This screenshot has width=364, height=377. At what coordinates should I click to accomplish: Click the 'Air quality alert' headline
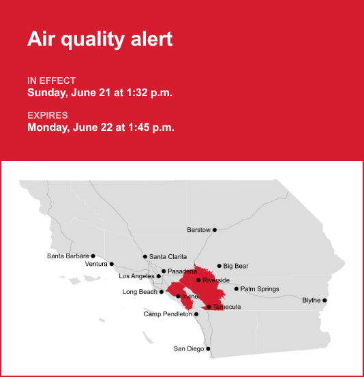pyautogui.click(x=100, y=39)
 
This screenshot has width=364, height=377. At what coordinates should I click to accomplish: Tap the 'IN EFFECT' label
pyautogui.click(x=51, y=80)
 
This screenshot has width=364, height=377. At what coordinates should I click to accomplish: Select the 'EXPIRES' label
pyautogui.click(x=48, y=115)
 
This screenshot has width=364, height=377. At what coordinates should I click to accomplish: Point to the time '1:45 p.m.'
pyautogui.click(x=151, y=127)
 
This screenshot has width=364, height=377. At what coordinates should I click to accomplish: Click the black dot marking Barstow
pyautogui.click(x=215, y=230)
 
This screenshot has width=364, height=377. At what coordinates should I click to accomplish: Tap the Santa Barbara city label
pyautogui.click(x=67, y=256)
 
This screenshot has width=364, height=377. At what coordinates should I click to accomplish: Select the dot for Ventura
pyautogui.click(x=112, y=264)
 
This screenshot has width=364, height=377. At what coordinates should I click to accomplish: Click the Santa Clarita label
pyautogui.click(x=168, y=257)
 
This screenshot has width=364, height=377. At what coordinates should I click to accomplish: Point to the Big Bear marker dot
pyautogui.click(x=219, y=266)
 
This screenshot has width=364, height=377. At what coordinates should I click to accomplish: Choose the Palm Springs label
pyautogui.click(x=260, y=289)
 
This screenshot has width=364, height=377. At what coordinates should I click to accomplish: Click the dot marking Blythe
pyautogui.click(x=324, y=300)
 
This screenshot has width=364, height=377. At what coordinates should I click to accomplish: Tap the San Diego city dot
pyautogui.click(x=208, y=349)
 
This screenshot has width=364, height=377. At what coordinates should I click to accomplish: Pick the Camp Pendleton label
pyautogui.click(x=168, y=314)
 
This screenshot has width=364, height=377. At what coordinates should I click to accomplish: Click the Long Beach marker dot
pyautogui.click(x=162, y=292)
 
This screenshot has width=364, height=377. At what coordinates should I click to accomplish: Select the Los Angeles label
pyautogui.click(x=136, y=276)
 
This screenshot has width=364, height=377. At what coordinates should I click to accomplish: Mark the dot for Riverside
pyautogui.click(x=198, y=280)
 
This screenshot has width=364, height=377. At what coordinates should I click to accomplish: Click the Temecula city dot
pyautogui.click(x=209, y=307)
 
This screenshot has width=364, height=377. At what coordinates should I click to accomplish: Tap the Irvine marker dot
pyautogui.click(x=178, y=296)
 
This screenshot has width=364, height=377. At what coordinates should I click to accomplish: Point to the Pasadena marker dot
pyautogui.click(x=164, y=271)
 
